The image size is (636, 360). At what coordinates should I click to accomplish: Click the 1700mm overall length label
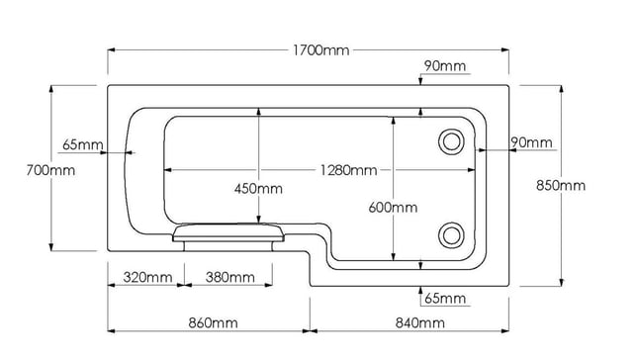coord(320,50)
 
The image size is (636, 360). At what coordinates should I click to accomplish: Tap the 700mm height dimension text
coord(50,170)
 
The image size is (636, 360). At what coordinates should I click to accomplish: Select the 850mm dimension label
coord(561,185)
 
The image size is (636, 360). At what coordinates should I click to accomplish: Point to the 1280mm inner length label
coord(349,170)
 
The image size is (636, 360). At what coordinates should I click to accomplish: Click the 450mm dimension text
coord(258,189)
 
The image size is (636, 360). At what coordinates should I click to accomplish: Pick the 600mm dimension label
coord(393,208)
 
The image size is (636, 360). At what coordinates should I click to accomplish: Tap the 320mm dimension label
coord(148,277)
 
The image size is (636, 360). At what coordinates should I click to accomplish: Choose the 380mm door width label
coord(230,277)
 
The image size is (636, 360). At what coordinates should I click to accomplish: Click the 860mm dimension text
coord(213,323)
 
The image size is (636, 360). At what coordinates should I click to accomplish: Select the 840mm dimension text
coord(419,323)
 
